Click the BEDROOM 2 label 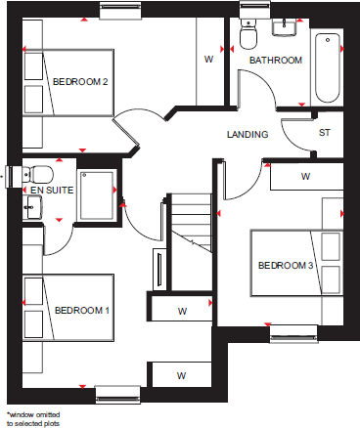[x=79, y=81]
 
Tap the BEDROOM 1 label [x=79, y=310]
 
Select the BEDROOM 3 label [x=286, y=266]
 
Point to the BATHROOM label [x=275, y=60]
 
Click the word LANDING [x=247, y=134]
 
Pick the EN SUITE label [x=52, y=190]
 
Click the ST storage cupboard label [x=324, y=133]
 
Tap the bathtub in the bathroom [x=328, y=66]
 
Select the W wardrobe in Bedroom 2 [x=207, y=60]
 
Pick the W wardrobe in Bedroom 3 [x=305, y=177]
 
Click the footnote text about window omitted [x=33, y=418]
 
